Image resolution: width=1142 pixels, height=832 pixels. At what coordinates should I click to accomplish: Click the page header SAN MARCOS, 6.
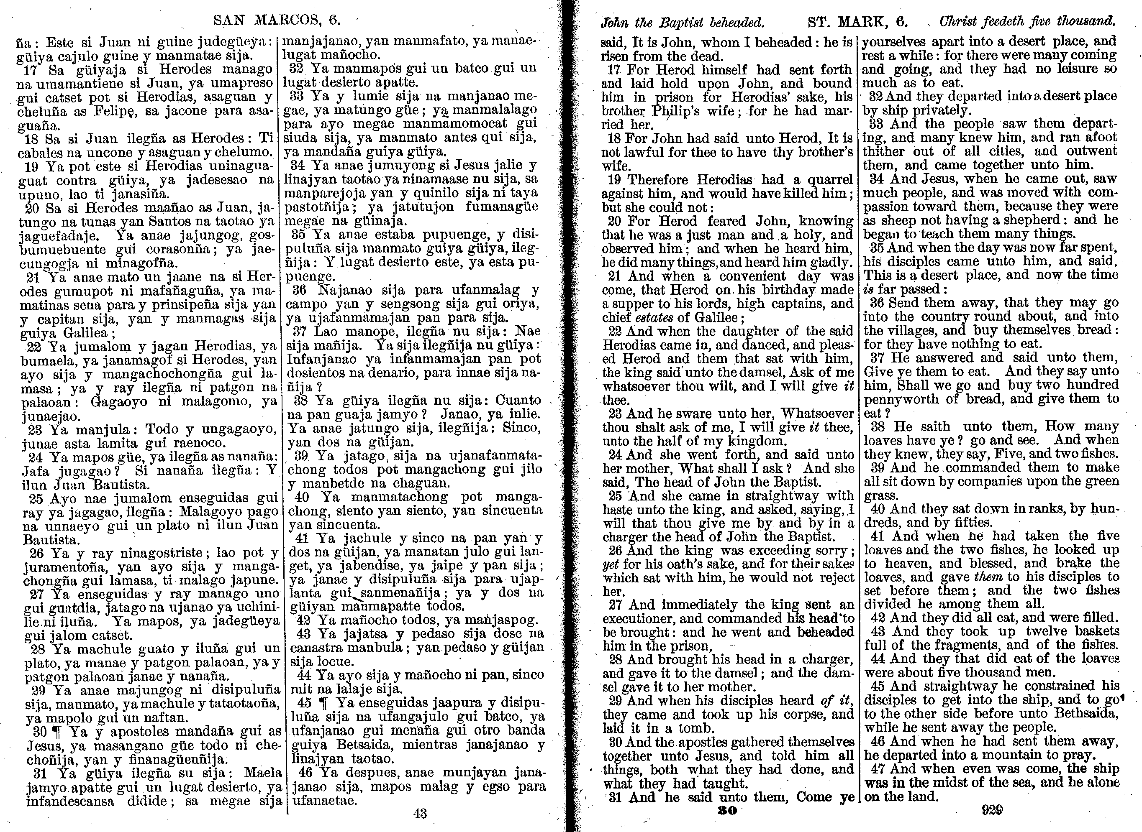coord(277,20)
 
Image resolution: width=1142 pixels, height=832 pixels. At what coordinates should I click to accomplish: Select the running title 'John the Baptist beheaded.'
coord(683,23)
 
